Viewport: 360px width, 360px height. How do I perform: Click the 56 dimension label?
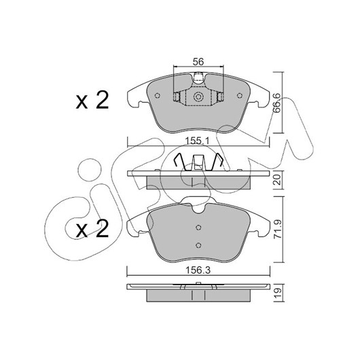pos(198,62)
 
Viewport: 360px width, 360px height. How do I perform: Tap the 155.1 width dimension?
pos(197,141)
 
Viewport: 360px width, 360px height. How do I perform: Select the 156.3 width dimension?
pos(198,270)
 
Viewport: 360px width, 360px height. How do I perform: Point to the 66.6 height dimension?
pos(276,103)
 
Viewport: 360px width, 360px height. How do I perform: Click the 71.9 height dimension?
pos(278,229)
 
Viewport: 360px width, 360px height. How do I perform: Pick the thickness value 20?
pos(278,180)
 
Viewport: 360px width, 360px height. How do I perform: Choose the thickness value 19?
pos(278,293)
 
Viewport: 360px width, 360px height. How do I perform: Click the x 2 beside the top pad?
pos(92,101)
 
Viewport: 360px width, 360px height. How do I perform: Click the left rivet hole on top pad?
pos(158,96)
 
